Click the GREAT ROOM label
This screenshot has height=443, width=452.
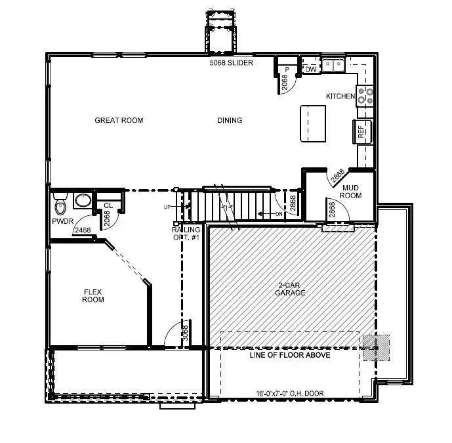click(119, 120)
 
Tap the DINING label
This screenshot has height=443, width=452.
click(230, 120)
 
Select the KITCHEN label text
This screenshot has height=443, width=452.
click(340, 96)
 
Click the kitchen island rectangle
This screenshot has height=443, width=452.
click(312, 123)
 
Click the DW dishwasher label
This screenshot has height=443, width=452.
click(311, 69)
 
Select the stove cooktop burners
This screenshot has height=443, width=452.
click(365, 96)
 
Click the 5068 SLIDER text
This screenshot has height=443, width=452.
click(232, 63)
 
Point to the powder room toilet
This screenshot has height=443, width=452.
click(62, 205)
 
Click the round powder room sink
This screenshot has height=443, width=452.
click(83, 200)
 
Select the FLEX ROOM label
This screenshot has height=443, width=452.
click(93, 295)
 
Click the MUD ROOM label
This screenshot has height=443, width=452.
click(352, 192)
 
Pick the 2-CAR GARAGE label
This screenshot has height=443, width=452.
click(291, 289)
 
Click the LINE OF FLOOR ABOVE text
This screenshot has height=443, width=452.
click(289, 355)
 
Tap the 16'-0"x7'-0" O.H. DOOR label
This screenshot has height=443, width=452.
click(289, 394)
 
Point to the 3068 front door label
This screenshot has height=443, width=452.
click(185, 332)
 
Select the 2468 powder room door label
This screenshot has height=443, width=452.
click(82, 230)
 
